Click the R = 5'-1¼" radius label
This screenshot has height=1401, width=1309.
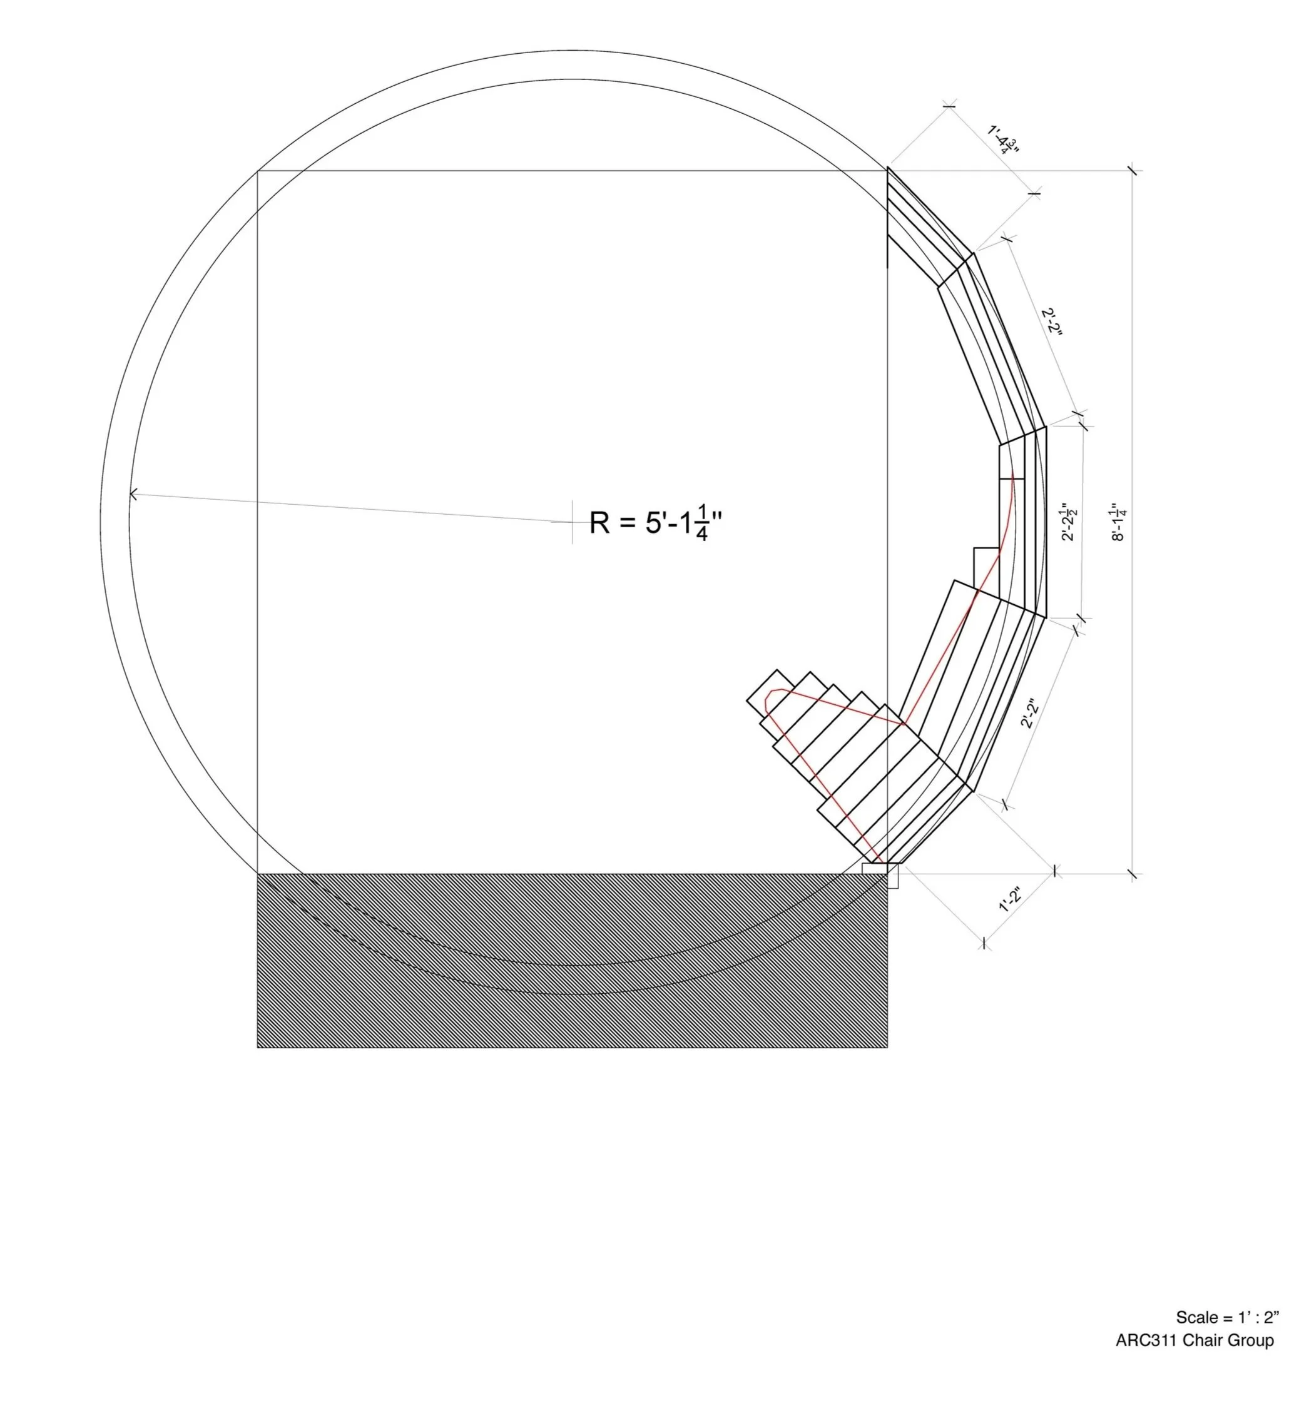[x=656, y=523]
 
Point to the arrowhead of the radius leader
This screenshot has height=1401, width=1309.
[x=133, y=494]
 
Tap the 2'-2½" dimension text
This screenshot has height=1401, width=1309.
[x=1069, y=522]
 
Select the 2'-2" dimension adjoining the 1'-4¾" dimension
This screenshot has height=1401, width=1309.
[x=1051, y=322]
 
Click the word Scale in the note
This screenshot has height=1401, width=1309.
[x=1196, y=1317]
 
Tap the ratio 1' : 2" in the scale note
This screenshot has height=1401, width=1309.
[x=1259, y=1317]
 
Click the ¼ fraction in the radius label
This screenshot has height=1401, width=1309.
[x=701, y=523]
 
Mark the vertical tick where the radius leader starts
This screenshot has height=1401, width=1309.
[x=572, y=522]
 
